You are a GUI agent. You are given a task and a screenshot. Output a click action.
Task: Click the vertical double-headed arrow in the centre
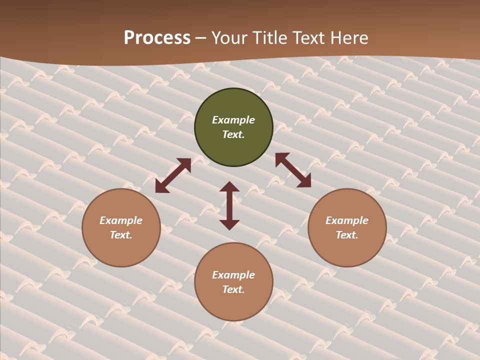[229, 206]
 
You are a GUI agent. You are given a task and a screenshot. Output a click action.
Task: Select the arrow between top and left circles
[173, 175]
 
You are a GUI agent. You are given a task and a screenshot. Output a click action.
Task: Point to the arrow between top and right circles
[293, 170]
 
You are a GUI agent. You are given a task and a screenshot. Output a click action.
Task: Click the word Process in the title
[157, 38]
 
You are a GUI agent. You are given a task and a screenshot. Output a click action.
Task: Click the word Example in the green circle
[233, 120]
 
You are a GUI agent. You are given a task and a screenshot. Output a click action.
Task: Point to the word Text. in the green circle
[233, 134]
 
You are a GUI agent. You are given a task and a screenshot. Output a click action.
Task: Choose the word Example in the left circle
[121, 220]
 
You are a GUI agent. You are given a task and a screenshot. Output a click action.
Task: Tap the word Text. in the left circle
[121, 235]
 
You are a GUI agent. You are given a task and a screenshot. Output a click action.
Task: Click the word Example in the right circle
[347, 220]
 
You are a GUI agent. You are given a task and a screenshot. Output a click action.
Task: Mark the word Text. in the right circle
[347, 235]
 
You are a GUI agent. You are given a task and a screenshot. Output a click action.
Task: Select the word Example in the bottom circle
[233, 275]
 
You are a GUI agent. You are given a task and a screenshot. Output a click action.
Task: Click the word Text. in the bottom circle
[233, 289]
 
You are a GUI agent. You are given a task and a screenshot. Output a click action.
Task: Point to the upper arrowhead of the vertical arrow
[229, 186]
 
